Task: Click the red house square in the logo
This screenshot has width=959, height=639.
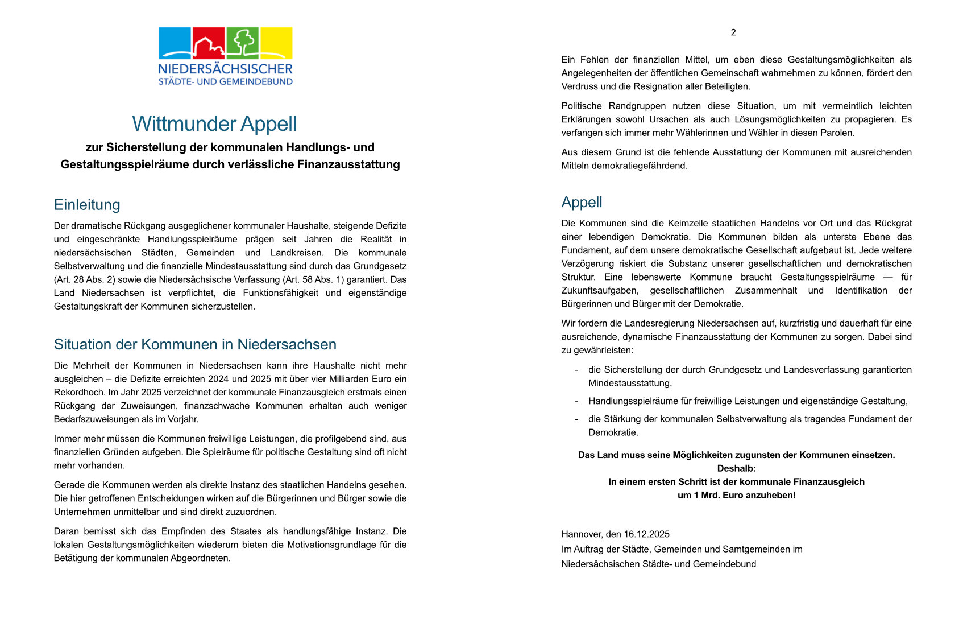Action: [209, 43]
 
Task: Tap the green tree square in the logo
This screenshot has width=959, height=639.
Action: [243, 43]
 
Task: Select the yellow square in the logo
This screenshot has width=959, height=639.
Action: [276, 43]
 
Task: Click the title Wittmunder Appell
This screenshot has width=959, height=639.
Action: [214, 124]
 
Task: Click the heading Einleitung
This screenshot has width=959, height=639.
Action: [87, 205]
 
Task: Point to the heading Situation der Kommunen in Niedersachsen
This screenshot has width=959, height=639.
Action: [195, 344]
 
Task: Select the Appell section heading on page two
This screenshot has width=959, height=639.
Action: [582, 202]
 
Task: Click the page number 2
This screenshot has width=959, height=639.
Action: [733, 32]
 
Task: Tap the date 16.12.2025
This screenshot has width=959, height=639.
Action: [646, 534]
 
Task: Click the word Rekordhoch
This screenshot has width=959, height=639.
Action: [79, 393]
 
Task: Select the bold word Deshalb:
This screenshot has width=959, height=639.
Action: [736, 468]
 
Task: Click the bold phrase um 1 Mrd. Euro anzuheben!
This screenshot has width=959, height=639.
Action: [736, 495]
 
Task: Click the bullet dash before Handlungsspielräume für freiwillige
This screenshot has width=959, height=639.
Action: [576, 401]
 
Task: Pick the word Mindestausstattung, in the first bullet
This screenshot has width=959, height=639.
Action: [630, 384]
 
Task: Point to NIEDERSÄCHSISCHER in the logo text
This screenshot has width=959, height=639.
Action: [225, 69]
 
